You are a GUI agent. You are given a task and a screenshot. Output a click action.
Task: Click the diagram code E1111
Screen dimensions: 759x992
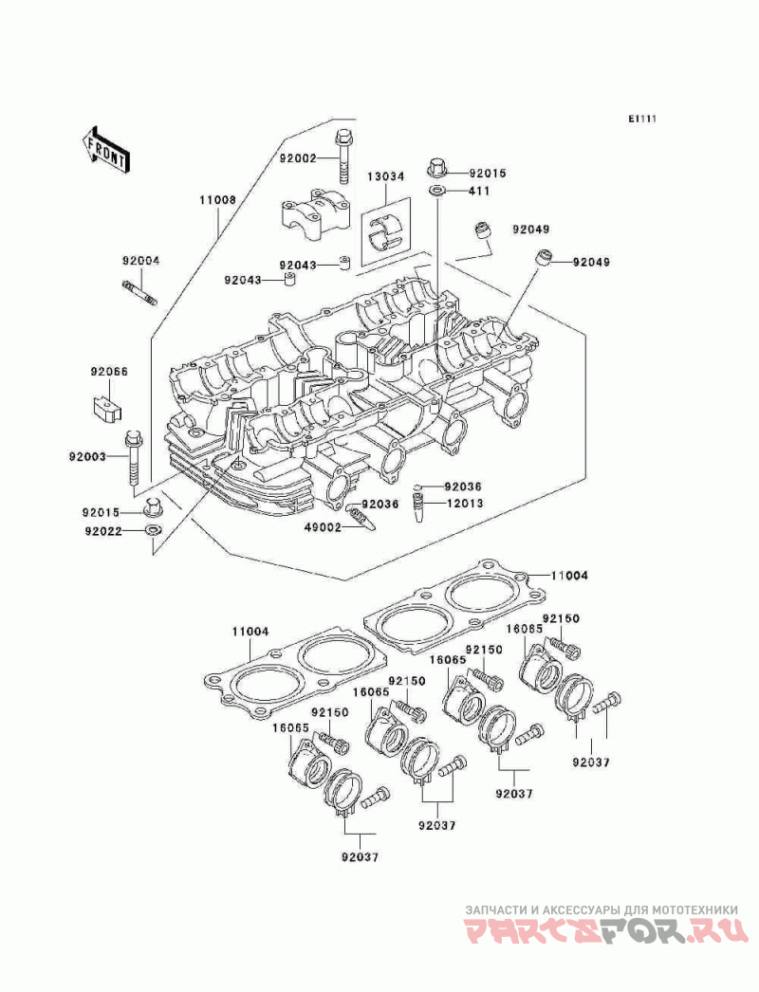[642, 119]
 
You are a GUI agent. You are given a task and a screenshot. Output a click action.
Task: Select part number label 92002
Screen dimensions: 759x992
[298, 158]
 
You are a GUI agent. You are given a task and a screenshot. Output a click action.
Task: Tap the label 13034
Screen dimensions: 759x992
[385, 176]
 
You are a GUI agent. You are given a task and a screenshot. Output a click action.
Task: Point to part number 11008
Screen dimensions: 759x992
[218, 200]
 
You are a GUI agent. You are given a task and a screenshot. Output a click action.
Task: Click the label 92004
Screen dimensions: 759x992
[141, 260]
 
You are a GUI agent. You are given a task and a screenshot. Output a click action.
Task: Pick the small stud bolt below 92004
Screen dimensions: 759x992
[139, 294]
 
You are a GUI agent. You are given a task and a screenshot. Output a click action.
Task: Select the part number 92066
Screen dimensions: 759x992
[108, 372]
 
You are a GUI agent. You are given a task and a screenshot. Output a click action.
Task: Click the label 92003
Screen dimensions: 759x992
[88, 456]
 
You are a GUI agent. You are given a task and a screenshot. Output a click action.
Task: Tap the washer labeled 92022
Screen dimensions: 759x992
[153, 529]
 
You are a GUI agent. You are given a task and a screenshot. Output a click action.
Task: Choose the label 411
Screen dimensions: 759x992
[479, 191]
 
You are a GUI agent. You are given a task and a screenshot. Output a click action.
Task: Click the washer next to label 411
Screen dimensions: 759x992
[436, 191]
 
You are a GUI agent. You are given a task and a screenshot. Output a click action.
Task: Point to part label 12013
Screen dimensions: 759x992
[465, 504]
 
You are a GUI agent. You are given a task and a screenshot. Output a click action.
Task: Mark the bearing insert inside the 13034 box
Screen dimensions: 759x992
[384, 230]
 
